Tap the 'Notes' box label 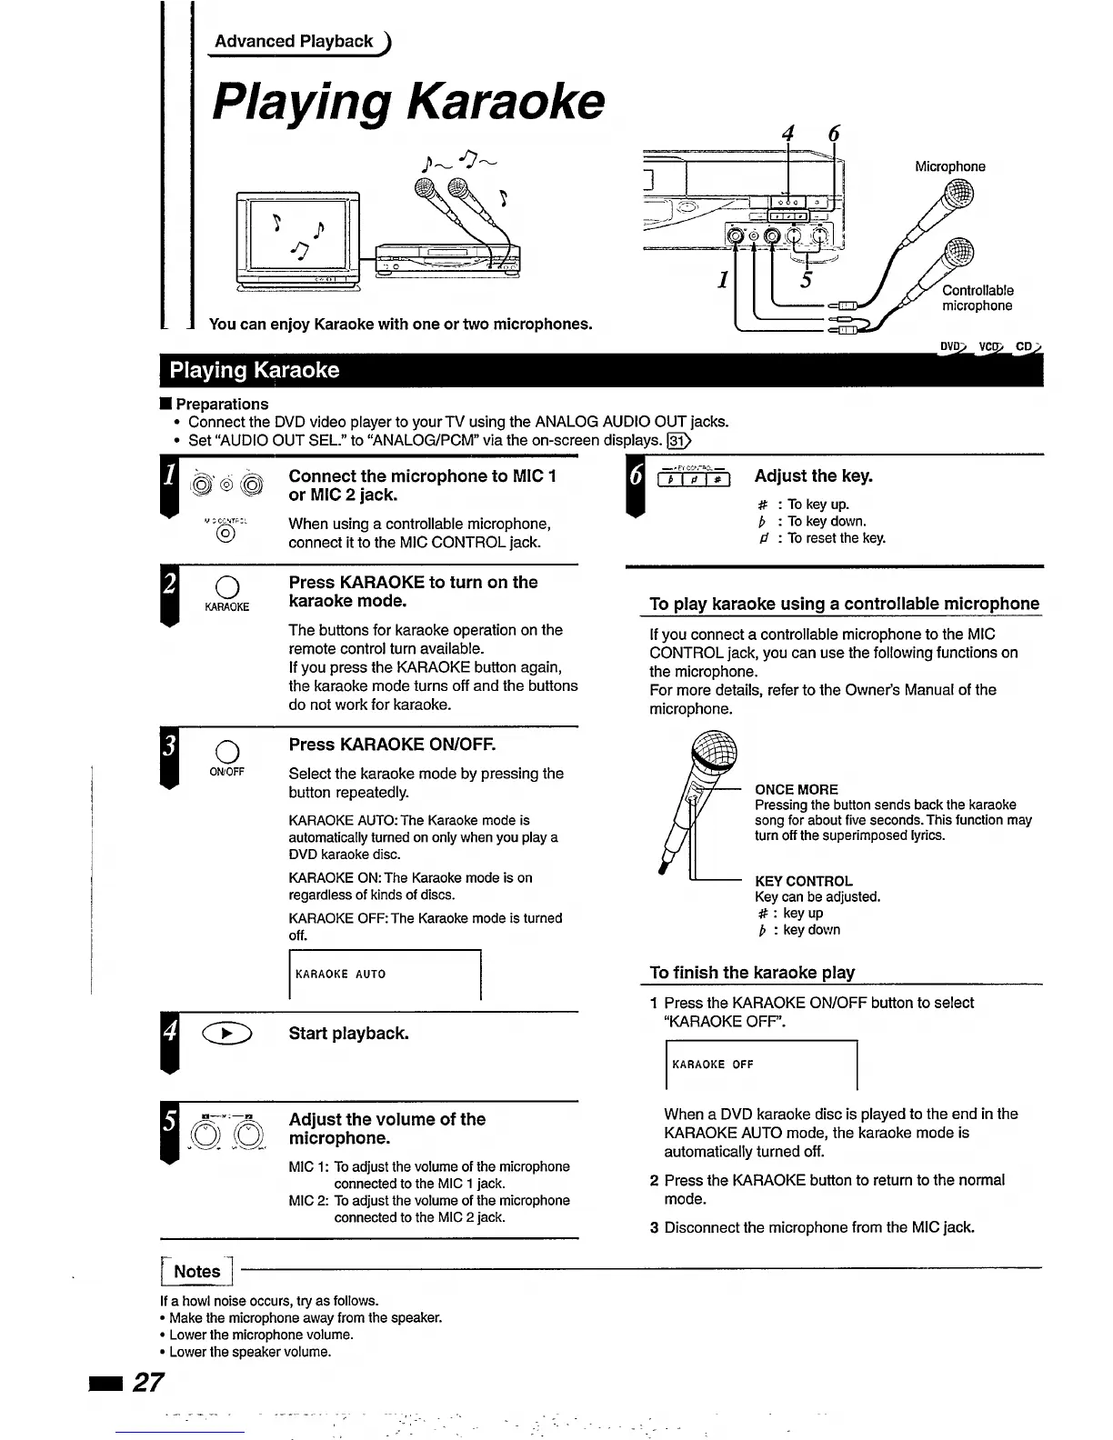(197, 1272)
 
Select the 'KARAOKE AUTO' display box (384, 975)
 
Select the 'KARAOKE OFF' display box (761, 1065)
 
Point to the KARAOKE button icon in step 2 (227, 585)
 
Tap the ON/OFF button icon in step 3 (227, 750)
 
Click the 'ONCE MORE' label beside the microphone (797, 789)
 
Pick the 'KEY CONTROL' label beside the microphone (804, 881)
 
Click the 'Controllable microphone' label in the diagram (978, 298)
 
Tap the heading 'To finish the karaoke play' (752, 972)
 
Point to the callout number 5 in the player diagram (805, 279)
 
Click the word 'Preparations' (222, 404)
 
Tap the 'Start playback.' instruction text (348, 1034)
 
